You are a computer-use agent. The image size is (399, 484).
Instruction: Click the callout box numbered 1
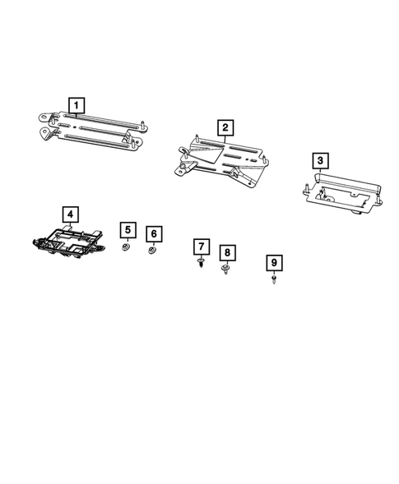(76, 106)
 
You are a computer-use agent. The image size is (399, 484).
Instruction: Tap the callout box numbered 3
(322, 160)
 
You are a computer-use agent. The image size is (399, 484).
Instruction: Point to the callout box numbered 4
(71, 215)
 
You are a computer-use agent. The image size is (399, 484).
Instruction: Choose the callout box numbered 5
(128, 230)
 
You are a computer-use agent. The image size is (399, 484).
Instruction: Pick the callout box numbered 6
(153, 233)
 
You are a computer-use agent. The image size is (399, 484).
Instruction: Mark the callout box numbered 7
(200, 246)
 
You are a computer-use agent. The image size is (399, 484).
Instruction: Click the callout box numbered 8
(226, 253)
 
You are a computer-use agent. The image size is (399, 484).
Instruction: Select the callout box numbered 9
(275, 263)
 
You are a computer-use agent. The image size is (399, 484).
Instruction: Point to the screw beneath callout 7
(200, 263)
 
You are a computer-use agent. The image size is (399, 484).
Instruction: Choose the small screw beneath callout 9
(273, 280)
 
